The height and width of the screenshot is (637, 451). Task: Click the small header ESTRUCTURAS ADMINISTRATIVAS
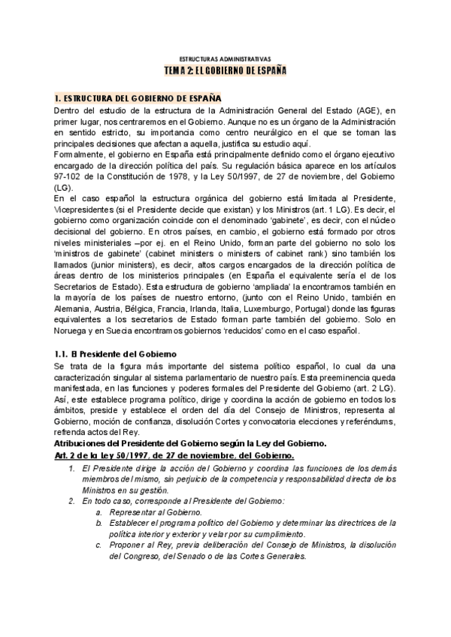225,58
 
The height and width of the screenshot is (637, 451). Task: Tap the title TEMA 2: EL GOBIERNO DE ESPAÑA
225,70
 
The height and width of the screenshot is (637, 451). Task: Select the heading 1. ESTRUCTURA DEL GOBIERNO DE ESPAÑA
138,98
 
